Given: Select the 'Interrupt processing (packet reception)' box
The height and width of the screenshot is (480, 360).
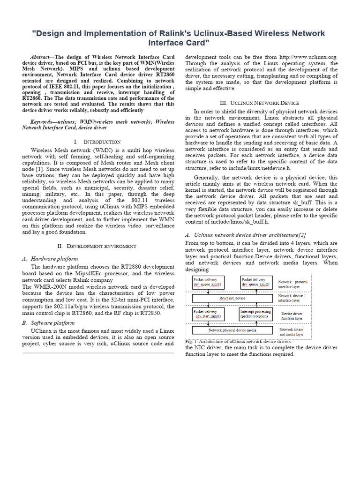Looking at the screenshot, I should point(255,314).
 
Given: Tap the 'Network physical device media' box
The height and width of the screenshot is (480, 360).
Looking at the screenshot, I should point(233,330).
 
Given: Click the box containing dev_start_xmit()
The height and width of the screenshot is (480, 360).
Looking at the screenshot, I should point(208,314).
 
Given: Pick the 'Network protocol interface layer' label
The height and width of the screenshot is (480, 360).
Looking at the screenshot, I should point(293,285).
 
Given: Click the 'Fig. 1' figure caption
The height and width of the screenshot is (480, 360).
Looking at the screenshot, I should point(238,341).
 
